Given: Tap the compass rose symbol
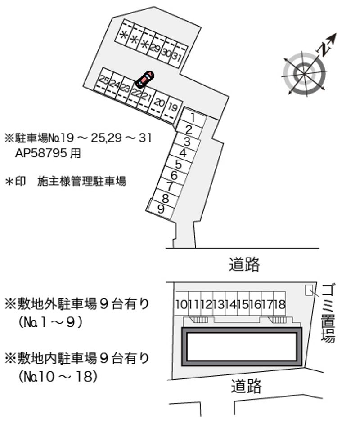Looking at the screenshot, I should [x=305, y=73].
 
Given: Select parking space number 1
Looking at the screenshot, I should [x=192, y=118].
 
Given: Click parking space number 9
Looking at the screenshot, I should [x=161, y=209].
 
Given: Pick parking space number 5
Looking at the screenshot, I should [x=179, y=164].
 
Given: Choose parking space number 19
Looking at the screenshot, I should [x=172, y=107].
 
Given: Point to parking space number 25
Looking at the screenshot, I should [x=103, y=81].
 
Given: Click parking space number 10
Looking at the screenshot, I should [x=181, y=304].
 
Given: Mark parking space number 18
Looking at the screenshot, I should [x=279, y=304].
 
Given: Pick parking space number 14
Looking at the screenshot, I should [x=230, y=304].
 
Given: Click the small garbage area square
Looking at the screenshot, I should [x=309, y=290].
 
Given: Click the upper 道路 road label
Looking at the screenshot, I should [x=244, y=265].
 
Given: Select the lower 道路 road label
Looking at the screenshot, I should [x=247, y=385].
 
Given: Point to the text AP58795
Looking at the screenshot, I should [x=43, y=153].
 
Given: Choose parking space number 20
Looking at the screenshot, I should [x=159, y=102].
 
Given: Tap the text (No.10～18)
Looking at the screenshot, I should [x=58, y=376].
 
